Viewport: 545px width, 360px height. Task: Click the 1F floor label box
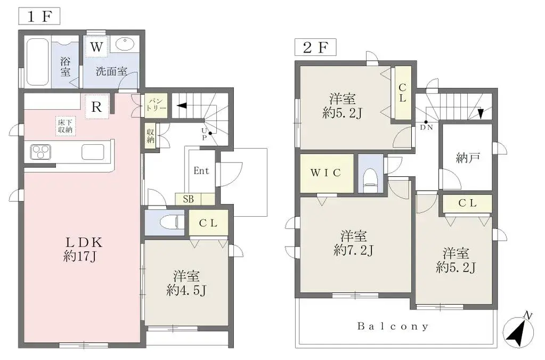tap(39, 15)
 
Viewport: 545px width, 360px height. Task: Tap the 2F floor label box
tap(315, 47)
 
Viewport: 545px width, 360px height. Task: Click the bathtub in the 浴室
tap(37, 62)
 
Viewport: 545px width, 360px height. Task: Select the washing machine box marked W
tap(96, 47)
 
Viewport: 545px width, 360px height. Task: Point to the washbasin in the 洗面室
tap(126, 45)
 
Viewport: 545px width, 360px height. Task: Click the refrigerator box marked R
tap(96, 106)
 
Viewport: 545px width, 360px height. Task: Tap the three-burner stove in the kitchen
tap(41, 152)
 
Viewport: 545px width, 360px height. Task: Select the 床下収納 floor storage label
tap(65, 126)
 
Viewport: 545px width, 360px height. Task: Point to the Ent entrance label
tap(201, 171)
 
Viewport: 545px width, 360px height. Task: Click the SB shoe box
tap(188, 199)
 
